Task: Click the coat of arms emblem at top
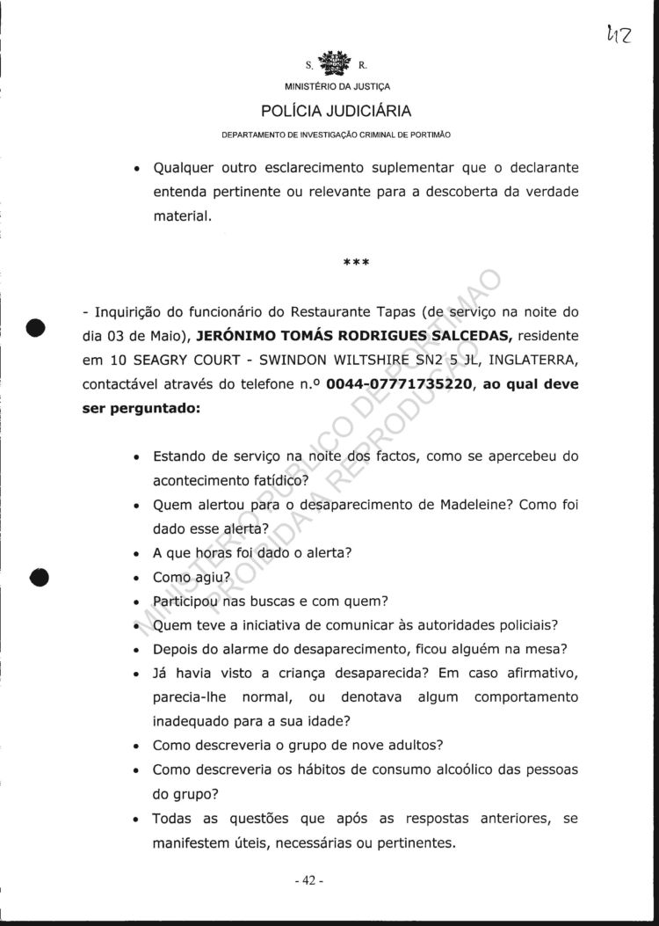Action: pos(335,64)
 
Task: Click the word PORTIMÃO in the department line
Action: pos(430,135)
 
